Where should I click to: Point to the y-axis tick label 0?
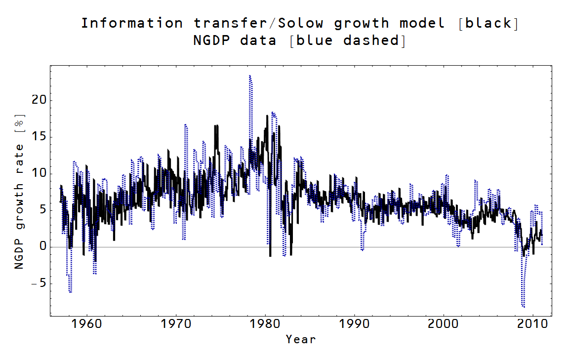coord(41,247)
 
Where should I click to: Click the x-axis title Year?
coord(300,339)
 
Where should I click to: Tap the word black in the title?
coord(488,23)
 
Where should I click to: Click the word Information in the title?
coord(132,23)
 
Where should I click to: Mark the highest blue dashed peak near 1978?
coord(250,76)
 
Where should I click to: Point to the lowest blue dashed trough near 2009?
coord(523,307)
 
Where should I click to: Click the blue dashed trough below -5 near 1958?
coord(70,292)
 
